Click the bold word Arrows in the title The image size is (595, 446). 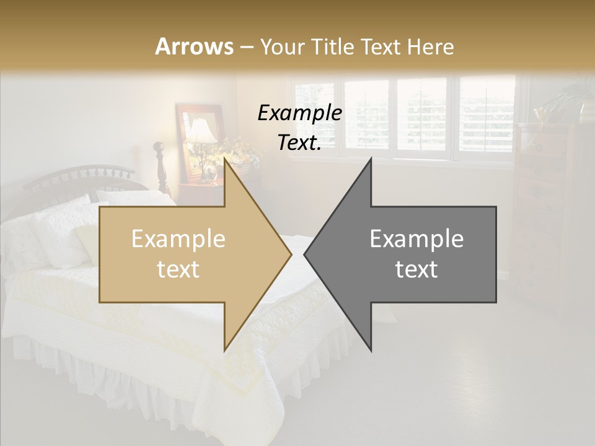(194, 46)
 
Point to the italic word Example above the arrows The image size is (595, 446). (299, 113)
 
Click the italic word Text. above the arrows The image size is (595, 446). (299, 142)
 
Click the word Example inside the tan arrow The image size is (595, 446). (178, 239)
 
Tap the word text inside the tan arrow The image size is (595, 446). (178, 269)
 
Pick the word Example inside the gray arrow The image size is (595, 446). (416, 239)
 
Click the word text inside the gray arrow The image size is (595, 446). (416, 269)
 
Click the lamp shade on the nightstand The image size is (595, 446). (201, 131)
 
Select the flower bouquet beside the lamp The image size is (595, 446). (239, 152)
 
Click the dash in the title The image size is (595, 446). (247, 47)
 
